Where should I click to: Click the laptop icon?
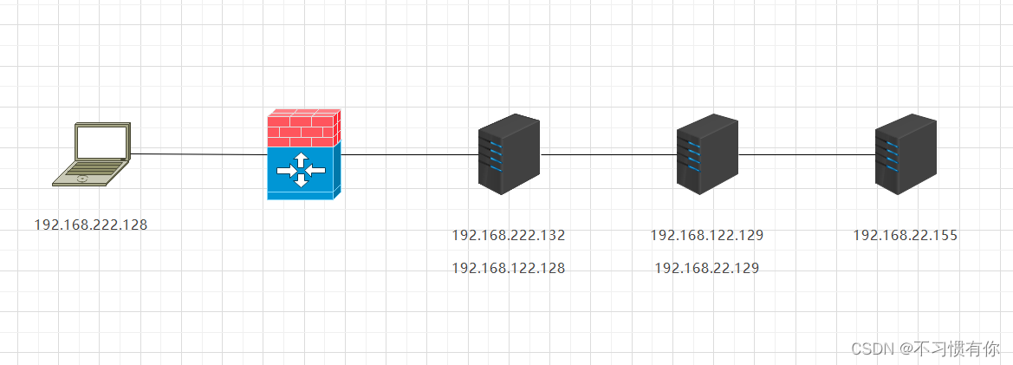pos(91,154)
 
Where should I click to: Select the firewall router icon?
pos(303,154)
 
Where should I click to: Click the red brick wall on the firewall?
pos(302,128)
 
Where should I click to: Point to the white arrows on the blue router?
pos(301,170)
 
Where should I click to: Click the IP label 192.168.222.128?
pos(91,225)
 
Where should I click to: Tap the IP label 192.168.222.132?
pos(509,235)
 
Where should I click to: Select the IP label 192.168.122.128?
pos(509,269)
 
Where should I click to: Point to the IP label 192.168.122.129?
pos(707,235)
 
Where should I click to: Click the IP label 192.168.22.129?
pos(707,269)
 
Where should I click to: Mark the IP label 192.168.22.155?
pos(906,235)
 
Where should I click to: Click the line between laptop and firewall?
pos(199,154)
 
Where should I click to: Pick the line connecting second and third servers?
pos(806,155)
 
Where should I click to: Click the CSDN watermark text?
pos(925,349)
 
